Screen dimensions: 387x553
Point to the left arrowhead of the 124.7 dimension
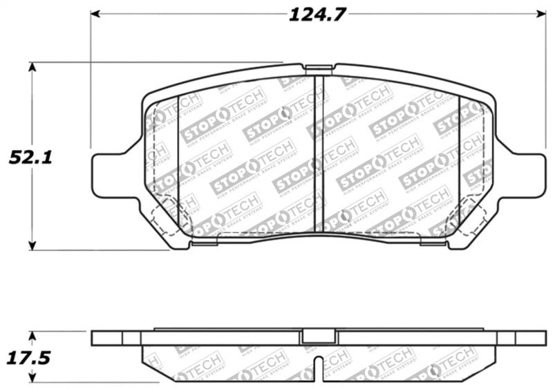(95, 15)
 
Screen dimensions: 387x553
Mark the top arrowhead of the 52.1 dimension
(32, 67)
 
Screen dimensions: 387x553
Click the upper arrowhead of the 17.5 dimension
(32, 335)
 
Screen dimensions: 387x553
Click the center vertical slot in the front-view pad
(319, 152)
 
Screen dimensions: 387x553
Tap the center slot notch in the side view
(319, 370)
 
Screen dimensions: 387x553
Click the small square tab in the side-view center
(319, 337)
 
